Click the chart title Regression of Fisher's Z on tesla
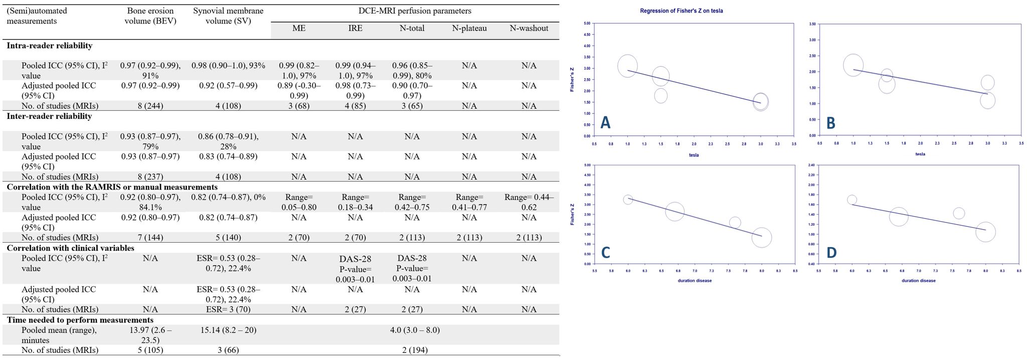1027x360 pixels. [681, 11]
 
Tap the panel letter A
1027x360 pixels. [605, 122]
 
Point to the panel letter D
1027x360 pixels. [831, 253]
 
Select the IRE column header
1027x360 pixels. [355, 29]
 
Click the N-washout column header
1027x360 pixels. [529, 29]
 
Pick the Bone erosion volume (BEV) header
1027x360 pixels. [150, 16]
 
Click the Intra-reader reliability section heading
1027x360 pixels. [49, 46]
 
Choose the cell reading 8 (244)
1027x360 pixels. [150, 106]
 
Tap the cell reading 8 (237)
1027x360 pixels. [150, 176]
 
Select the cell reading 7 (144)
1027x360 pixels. [150, 238]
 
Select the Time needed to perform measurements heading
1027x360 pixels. [80, 320]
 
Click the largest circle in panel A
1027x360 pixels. [627, 66]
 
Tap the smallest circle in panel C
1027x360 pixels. [628, 200]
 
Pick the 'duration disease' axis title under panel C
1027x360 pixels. [694, 281]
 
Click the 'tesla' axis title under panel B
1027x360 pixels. [920, 154]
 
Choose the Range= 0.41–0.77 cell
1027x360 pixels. [469, 202]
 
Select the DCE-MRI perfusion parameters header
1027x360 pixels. [414, 11]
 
